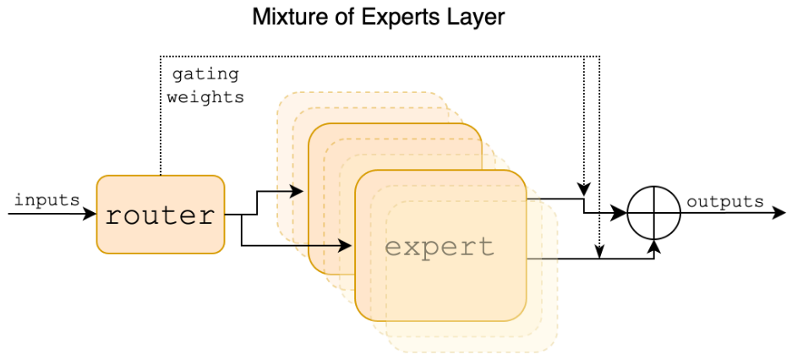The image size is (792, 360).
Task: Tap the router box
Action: tap(161, 215)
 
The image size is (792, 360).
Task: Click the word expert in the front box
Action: tap(440, 247)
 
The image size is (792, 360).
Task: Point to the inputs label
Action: tap(46, 200)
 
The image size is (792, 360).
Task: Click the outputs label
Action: tap(724, 202)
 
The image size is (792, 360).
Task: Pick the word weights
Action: tap(205, 97)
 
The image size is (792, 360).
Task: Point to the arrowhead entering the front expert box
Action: tap(348, 246)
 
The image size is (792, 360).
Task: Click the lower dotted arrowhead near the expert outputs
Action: tap(599, 251)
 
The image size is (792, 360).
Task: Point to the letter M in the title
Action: tap(260, 17)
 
